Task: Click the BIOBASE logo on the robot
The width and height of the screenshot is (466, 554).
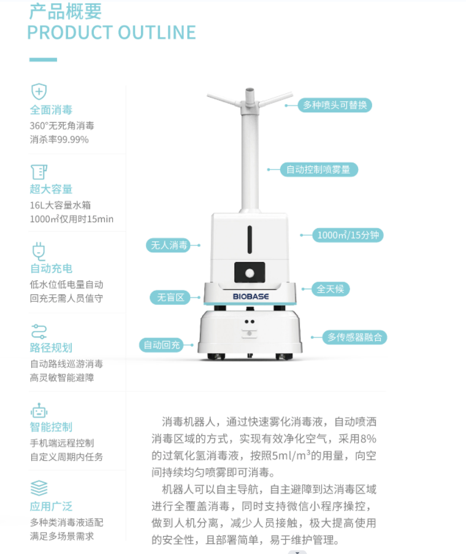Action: pyautogui.click(x=251, y=296)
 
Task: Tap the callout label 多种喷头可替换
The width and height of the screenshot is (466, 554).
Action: pyautogui.click(x=335, y=105)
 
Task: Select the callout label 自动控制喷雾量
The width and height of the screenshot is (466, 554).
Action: pyautogui.click(x=319, y=169)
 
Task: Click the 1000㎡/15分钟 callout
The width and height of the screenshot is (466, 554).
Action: pyautogui.click(x=348, y=235)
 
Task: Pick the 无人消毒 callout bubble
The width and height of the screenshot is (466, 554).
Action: pyautogui.click(x=169, y=245)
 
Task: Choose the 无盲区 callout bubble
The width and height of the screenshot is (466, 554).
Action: pyautogui.click(x=170, y=298)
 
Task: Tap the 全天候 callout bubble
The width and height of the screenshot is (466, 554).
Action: pyautogui.click(x=330, y=289)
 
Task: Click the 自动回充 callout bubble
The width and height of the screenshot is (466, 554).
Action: pyautogui.click(x=162, y=345)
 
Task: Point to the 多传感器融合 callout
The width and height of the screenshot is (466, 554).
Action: pyautogui.click(x=354, y=337)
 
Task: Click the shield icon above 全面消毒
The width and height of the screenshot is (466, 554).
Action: pyautogui.click(x=39, y=92)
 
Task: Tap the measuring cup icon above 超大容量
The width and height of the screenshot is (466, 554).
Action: pyautogui.click(x=39, y=172)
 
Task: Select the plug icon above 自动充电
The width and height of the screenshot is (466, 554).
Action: pyautogui.click(x=39, y=251)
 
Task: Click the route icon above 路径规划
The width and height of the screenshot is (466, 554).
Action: pyautogui.click(x=39, y=331)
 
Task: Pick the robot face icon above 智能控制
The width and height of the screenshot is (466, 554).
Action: pyautogui.click(x=39, y=410)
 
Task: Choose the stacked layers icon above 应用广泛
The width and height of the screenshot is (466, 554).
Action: pyautogui.click(x=39, y=488)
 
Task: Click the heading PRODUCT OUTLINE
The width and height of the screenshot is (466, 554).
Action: pyautogui.click(x=112, y=33)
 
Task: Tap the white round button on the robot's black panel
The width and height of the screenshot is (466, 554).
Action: pyautogui.click(x=250, y=273)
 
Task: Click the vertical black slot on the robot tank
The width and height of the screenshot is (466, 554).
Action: pyautogui.click(x=250, y=239)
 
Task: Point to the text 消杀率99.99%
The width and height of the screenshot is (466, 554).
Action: pyautogui.click(x=59, y=139)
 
